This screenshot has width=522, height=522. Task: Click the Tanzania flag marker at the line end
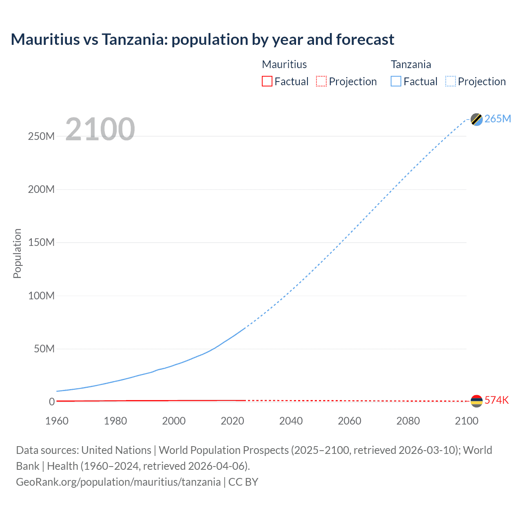click(476, 119)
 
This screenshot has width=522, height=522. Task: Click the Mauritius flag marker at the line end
click(476, 401)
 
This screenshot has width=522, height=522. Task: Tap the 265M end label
click(498, 119)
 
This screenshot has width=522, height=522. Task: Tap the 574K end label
click(496, 400)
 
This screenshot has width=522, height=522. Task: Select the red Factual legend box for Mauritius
click(267, 81)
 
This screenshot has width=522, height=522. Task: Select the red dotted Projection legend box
click(321, 81)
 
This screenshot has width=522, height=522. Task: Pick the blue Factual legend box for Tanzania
click(396, 81)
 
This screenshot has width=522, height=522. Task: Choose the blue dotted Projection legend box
click(450, 81)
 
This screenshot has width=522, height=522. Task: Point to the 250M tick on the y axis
click(41, 136)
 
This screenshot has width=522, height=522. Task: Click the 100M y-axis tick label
click(41, 296)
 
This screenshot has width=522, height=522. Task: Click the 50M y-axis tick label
click(44, 349)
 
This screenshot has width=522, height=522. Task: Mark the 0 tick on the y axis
click(52, 402)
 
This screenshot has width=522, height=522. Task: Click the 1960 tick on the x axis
click(57, 421)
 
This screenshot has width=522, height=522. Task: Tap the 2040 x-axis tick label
click(291, 421)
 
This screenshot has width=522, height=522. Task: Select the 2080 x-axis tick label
click(408, 421)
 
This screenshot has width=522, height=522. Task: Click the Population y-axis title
click(17, 253)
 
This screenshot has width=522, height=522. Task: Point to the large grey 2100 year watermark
click(100, 129)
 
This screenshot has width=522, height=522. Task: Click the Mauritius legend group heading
click(284, 64)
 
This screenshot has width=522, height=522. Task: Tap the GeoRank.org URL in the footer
click(118, 482)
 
